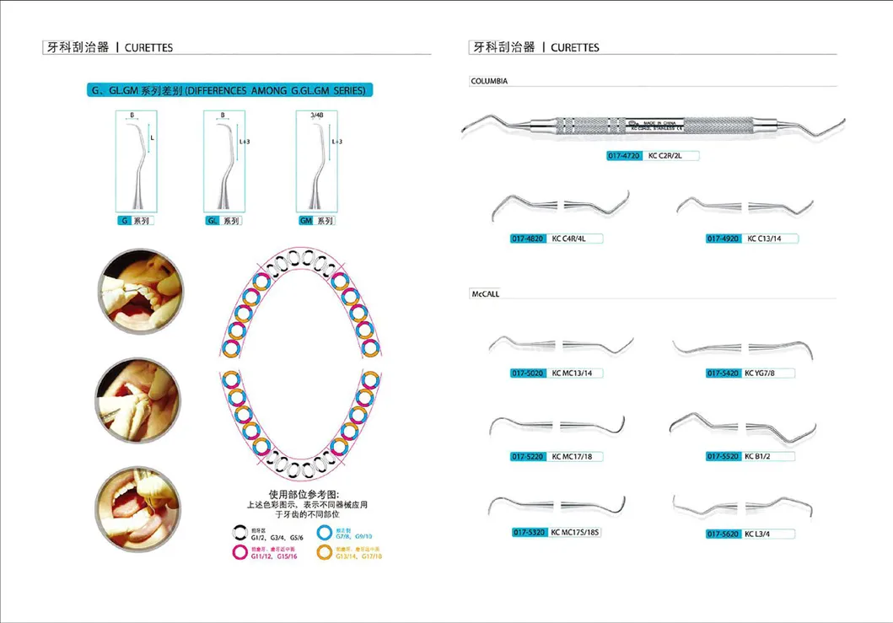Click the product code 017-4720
click(x=625, y=156)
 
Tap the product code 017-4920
click(x=724, y=239)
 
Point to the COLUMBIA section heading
click(x=488, y=81)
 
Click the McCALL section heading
click(x=484, y=293)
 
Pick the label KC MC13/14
click(x=578, y=373)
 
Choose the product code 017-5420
click(x=724, y=373)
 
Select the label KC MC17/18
click(x=578, y=456)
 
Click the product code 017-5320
click(x=529, y=533)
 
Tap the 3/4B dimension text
click(x=316, y=114)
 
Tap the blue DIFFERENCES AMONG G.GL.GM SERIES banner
click(x=232, y=89)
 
